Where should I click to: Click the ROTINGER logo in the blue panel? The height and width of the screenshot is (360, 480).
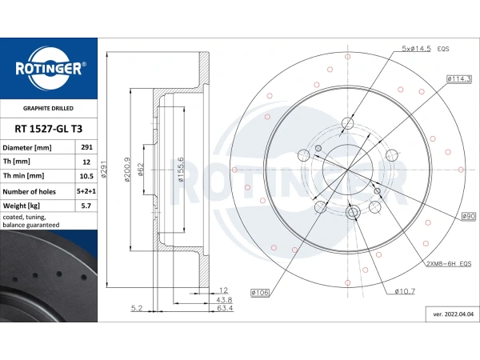(49, 68)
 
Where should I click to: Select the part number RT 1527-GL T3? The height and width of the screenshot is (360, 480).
(48, 129)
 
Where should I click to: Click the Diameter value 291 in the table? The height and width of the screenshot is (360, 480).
(86, 147)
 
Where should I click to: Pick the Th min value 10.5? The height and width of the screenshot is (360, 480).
(86, 176)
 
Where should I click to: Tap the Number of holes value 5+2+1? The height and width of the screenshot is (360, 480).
(86, 191)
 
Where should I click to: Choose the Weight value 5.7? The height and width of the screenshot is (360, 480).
(86, 206)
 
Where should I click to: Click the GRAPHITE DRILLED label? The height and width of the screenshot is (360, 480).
(48, 108)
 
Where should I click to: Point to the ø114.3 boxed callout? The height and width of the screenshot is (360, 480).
(459, 78)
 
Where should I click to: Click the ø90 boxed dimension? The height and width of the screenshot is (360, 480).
(469, 216)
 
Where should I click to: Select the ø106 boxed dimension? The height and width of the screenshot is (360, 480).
(260, 293)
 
